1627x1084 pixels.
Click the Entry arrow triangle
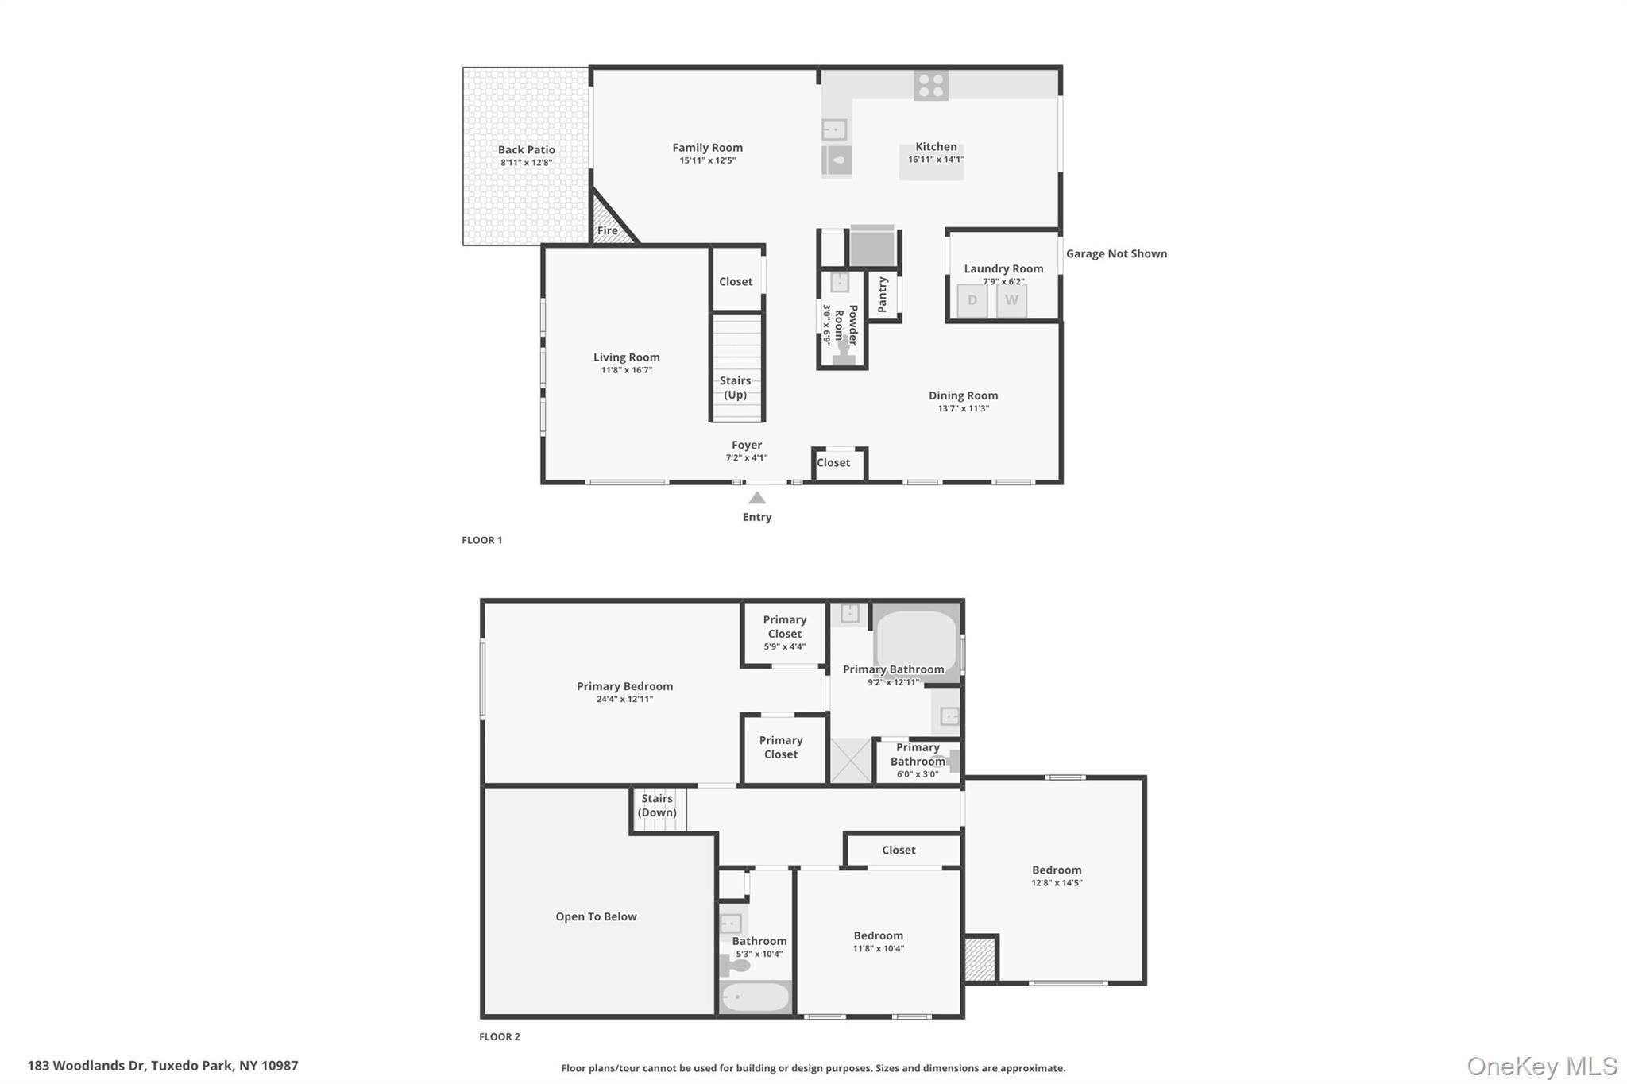click(x=757, y=498)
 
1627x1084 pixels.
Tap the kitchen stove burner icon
click(x=930, y=86)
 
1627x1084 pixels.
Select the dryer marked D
click(x=972, y=301)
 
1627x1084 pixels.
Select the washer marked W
click(x=1011, y=301)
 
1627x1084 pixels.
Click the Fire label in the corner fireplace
click(x=608, y=230)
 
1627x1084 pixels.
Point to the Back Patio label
click(x=526, y=150)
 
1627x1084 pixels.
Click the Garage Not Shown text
click(x=1116, y=254)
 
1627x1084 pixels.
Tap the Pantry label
click(x=883, y=295)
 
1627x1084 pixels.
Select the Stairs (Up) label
click(x=735, y=388)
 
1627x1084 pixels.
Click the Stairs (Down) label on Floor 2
click(x=657, y=805)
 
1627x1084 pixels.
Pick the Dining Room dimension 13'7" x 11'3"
click(x=963, y=409)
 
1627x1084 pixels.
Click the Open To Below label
click(x=596, y=916)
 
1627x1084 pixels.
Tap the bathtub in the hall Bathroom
click(x=756, y=997)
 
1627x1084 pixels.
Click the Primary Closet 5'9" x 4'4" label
click(x=784, y=633)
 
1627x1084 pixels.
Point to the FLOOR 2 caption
click(x=500, y=1036)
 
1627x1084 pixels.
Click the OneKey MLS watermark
click(x=1541, y=1067)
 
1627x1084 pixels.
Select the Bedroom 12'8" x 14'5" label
click(x=1057, y=875)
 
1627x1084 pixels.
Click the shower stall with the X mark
click(x=851, y=761)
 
